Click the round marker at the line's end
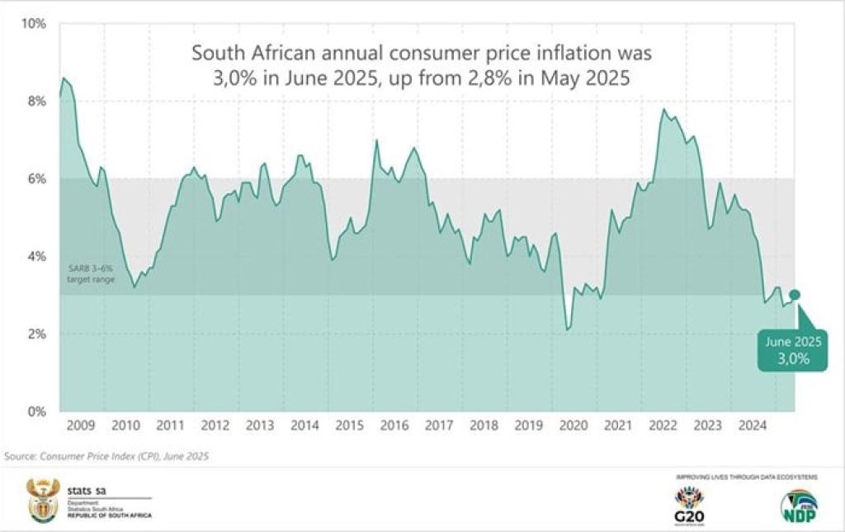[x=795, y=294]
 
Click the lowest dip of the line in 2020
[x=567, y=330]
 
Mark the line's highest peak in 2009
[x=64, y=78]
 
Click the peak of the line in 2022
[x=663, y=109]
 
